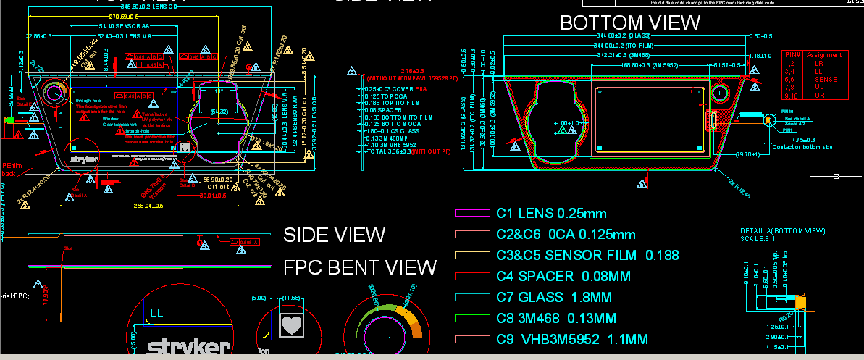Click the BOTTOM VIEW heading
630,23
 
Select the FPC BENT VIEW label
360,268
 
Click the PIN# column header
792,55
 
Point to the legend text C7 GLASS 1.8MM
554,297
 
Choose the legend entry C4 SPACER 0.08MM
563,276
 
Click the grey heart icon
292,325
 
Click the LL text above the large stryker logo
158,313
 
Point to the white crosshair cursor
836,176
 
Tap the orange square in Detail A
800,301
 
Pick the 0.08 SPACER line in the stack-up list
384,110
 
